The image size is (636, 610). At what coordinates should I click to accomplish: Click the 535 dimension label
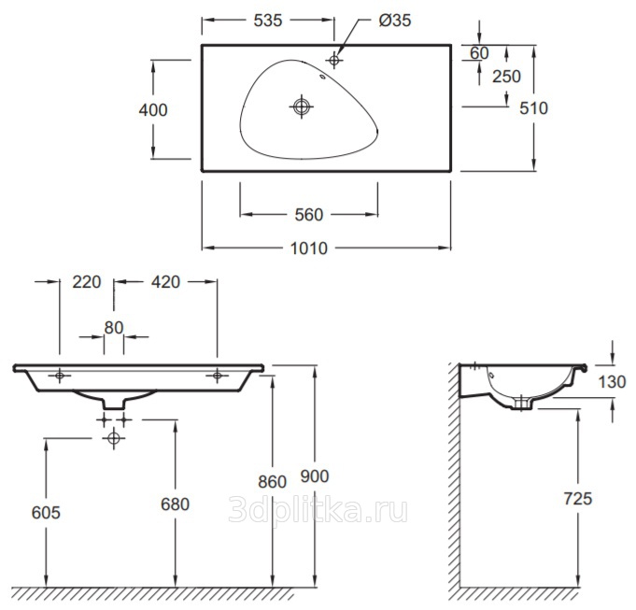(268, 21)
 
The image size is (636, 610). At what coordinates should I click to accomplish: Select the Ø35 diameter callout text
(395, 21)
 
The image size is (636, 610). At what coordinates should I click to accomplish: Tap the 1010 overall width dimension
(309, 248)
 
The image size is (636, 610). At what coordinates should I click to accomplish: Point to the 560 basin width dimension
(309, 215)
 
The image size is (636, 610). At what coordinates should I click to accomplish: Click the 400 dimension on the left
(153, 110)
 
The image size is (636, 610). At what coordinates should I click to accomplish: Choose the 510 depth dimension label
(534, 108)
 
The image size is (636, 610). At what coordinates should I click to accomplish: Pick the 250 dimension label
(506, 77)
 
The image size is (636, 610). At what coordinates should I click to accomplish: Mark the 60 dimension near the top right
(479, 53)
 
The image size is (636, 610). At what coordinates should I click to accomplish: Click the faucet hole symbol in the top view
(334, 60)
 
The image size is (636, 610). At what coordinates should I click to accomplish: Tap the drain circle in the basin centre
(302, 106)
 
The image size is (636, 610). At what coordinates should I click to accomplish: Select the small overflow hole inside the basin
(323, 77)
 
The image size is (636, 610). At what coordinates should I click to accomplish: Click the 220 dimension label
(87, 282)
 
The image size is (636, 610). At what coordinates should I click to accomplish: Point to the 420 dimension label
(165, 282)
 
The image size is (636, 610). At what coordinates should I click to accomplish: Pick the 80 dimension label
(114, 328)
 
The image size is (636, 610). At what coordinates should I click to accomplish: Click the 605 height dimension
(46, 513)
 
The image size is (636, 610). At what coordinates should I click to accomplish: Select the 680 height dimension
(176, 504)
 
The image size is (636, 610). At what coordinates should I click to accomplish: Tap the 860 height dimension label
(272, 482)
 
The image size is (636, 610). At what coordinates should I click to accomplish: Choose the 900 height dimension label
(315, 476)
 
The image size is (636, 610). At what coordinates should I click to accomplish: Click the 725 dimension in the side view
(578, 499)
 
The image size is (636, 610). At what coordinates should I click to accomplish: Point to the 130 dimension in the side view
(612, 382)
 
